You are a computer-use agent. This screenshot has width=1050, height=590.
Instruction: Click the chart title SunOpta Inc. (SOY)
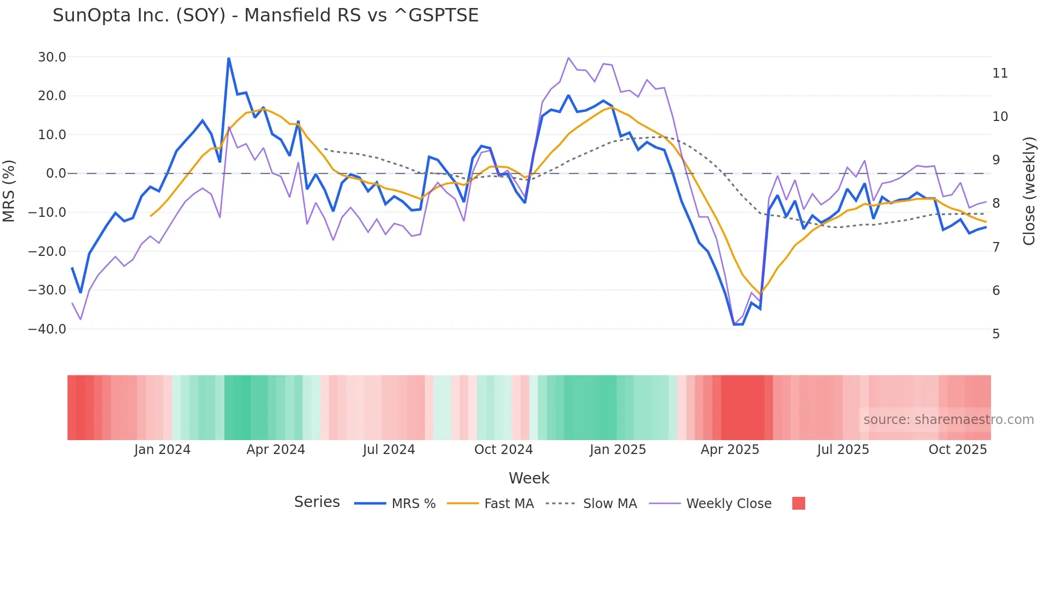(265, 16)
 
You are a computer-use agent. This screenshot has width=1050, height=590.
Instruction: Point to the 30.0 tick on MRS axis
(52, 57)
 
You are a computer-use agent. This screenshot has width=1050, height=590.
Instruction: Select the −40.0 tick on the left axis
(47, 329)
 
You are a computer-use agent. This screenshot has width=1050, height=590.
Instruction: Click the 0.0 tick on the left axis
(56, 173)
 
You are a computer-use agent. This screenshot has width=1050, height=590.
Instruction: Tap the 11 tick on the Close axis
(1000, 73)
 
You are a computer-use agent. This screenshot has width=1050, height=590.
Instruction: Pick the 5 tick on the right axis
(996, 334)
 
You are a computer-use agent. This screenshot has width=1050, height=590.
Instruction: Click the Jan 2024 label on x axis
(162, 450)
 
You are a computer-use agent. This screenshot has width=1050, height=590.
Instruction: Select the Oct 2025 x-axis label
(957, 450)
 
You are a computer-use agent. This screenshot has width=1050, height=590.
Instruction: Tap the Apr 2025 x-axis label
(730, 450)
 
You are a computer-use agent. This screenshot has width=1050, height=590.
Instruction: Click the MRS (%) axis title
(9, 191)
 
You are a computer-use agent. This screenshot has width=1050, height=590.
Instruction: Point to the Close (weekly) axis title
(1029, 191)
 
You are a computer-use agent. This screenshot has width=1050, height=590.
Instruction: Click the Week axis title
(529, 478)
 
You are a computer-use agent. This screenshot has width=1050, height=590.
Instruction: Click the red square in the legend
(798, 503)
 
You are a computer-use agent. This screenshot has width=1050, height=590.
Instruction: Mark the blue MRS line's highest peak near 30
(229, 58)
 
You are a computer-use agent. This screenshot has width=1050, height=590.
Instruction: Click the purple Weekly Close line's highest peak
(568, 58)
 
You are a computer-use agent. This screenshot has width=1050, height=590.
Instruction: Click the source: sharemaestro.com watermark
(948, 420)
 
